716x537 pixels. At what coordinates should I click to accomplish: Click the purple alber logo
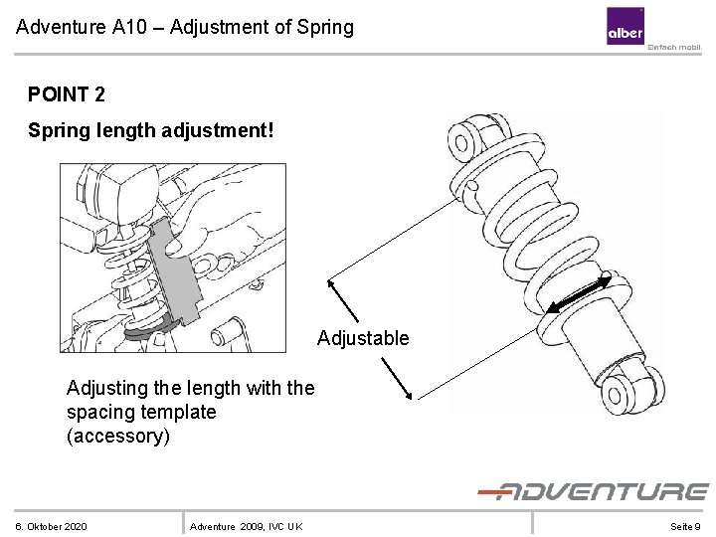click(x=626, y=26)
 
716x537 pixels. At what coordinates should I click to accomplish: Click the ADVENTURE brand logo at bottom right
click(x=593, y=492)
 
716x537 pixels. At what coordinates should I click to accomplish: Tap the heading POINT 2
click(x=67, y=94)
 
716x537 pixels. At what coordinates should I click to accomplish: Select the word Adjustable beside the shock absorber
click(x=363, y=338)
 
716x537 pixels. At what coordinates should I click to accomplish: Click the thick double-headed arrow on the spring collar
click(x=579, y=293)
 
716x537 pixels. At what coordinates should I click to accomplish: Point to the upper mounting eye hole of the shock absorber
click(x=461, y=143)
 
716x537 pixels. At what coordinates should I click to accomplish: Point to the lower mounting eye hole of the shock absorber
click(x=615, y=396)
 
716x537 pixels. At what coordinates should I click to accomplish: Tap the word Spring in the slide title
click(x=325, y=27)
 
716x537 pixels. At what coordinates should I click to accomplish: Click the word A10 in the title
click(x=129, y=27)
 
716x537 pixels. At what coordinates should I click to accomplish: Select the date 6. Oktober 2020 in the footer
click(x=51, y=526)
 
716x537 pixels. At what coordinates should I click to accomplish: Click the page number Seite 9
click(x=685, y=526)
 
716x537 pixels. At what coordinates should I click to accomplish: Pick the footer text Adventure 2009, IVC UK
click(x=247, y=526)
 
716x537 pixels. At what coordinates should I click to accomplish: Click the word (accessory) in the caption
click(x=118, y=436)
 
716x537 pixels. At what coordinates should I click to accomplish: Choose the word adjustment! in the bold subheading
click(x=218, y=130)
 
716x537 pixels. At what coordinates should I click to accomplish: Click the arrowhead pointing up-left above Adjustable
click(x=331, y=284)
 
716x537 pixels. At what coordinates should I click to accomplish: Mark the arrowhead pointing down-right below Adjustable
click(x=409, y=395)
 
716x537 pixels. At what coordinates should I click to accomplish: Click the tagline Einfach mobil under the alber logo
click(x=674, y=47)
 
